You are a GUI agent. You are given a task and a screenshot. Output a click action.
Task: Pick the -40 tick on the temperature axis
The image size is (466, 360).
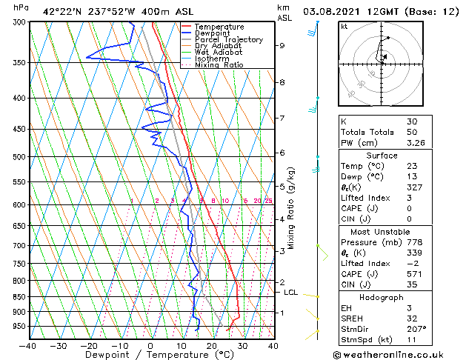coord(28,345)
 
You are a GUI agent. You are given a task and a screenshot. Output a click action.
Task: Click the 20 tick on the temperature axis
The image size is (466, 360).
coord(211,345)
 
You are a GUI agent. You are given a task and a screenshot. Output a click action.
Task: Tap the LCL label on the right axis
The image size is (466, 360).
coord(291,293)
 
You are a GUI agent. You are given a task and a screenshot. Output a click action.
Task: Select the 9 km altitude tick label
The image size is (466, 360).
coord(282,46)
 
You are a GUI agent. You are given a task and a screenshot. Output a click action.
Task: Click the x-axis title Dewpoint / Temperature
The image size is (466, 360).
coord(150,355)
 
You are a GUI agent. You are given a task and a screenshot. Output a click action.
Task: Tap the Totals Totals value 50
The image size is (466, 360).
coord(413,131)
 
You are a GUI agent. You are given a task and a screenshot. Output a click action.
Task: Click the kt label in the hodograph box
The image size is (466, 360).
coord(344,27)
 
